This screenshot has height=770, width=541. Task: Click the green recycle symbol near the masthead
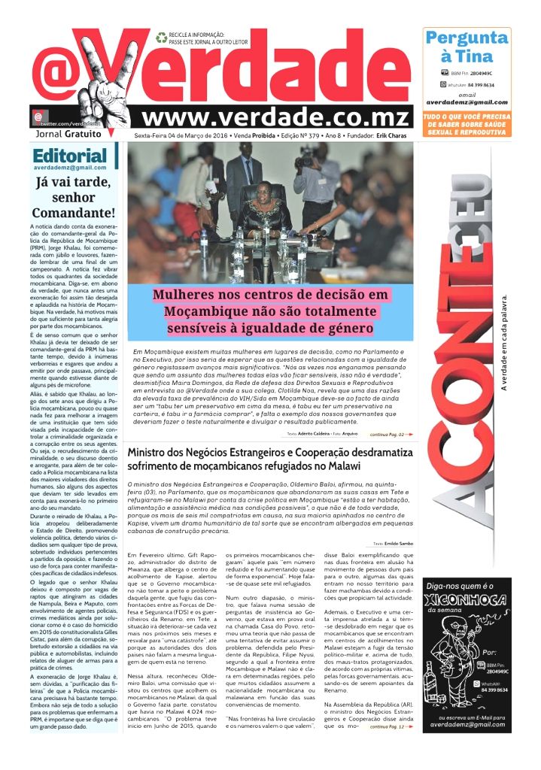[161, 37]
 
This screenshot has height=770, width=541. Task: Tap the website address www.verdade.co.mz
[278, 118]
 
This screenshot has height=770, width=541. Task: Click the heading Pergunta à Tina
[467, 47]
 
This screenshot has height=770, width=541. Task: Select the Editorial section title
[70, 156]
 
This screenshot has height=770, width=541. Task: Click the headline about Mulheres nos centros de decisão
[271, 311]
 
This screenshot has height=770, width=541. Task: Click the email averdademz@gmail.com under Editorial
[70, 168]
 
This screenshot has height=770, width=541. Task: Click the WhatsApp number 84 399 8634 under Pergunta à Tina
[483, 86]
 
